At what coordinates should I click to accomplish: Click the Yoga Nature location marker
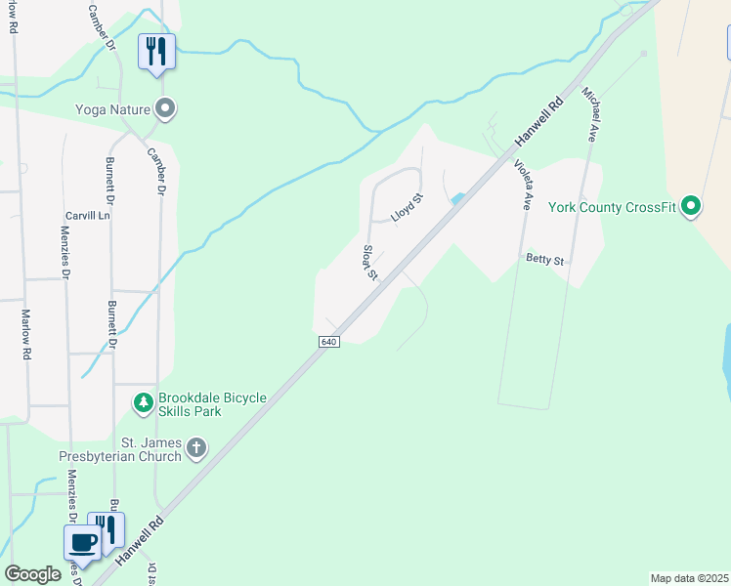[166, 107]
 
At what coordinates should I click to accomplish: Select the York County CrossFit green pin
[691, 206]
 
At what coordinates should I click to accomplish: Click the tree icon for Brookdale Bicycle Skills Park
[144, 401]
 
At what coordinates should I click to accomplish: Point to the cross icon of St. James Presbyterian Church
[196, 448]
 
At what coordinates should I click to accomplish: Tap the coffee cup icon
[81, 542]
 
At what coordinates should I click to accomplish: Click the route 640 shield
[328, 341]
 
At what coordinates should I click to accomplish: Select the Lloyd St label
[407, 207]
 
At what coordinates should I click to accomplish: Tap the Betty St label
[545, 260]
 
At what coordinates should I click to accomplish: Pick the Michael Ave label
[588, 114]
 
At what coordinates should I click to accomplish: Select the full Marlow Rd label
[26, 335]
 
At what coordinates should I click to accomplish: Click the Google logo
[32, 574]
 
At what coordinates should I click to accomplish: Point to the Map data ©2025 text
[689, 578]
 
